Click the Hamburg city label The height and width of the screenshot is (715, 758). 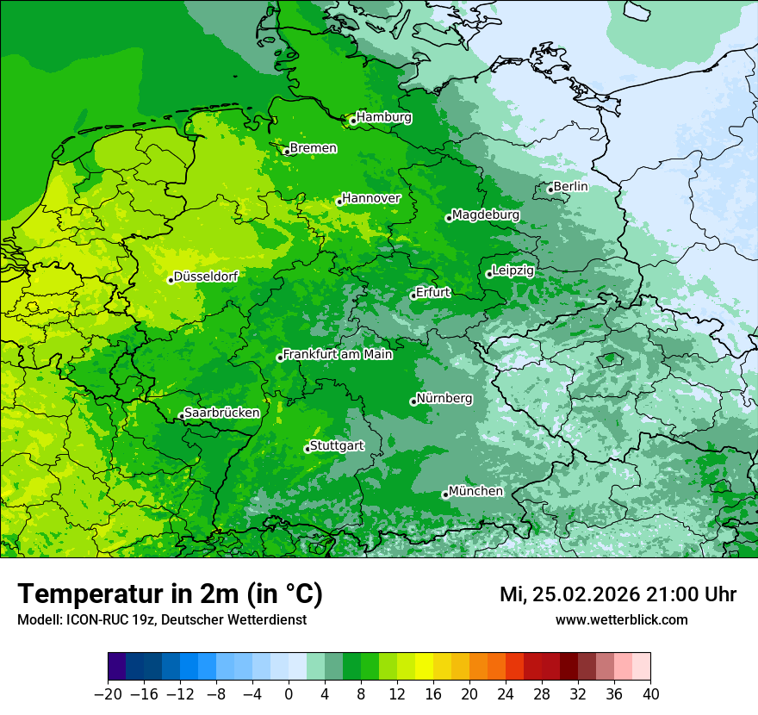coord(384,117)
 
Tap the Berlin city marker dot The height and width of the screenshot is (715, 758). coord(550,190)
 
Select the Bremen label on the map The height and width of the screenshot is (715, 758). coord(313,148)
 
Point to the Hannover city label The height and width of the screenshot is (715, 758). coord(371,198)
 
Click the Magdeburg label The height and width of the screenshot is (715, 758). coord(486,214)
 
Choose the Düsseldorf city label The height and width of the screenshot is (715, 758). coord(206,277)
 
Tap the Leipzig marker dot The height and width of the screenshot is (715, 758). coord(489,274)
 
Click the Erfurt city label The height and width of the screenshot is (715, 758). coord(433,292)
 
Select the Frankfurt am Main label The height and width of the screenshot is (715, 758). coord(338,354)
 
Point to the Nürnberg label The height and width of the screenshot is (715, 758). coord(444,399)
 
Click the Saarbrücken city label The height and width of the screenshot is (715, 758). coord(222,413)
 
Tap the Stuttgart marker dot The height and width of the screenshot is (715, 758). coord(307,449)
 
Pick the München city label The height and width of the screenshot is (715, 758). coord(475,491)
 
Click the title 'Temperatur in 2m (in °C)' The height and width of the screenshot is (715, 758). coord(170,594)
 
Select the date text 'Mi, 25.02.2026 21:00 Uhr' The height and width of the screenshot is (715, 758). coord(618,594)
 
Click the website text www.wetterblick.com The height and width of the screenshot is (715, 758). coord(621,619)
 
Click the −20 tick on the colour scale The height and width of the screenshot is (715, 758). coord(108,694)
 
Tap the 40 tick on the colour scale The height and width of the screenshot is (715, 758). coord(650,694)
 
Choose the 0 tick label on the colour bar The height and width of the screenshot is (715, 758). coord(289,694)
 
